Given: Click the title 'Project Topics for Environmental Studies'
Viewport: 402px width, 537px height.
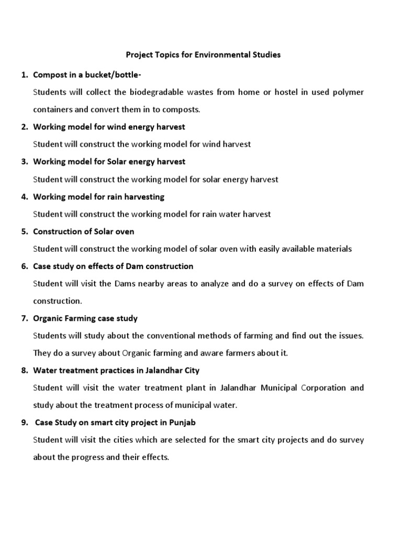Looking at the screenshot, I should coord(203,55).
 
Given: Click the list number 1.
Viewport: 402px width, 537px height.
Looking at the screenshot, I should coord(24,75).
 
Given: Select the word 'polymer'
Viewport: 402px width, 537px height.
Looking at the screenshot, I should coord(349,92).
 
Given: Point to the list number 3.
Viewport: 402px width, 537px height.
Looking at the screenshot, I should coord(24,162).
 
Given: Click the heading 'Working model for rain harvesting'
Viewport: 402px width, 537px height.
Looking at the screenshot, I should coord(98,197).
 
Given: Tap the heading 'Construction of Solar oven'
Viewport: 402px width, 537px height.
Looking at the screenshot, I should coord(83,231).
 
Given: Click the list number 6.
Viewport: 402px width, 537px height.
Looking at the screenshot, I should coord(24,266).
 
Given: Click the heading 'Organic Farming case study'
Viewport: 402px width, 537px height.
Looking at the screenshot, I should coord(85,318).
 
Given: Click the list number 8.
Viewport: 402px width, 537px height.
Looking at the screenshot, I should coord(24,370).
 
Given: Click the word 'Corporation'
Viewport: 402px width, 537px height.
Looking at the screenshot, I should coord(324,388).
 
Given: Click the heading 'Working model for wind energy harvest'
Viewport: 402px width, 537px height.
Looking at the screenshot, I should coord(109,127).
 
